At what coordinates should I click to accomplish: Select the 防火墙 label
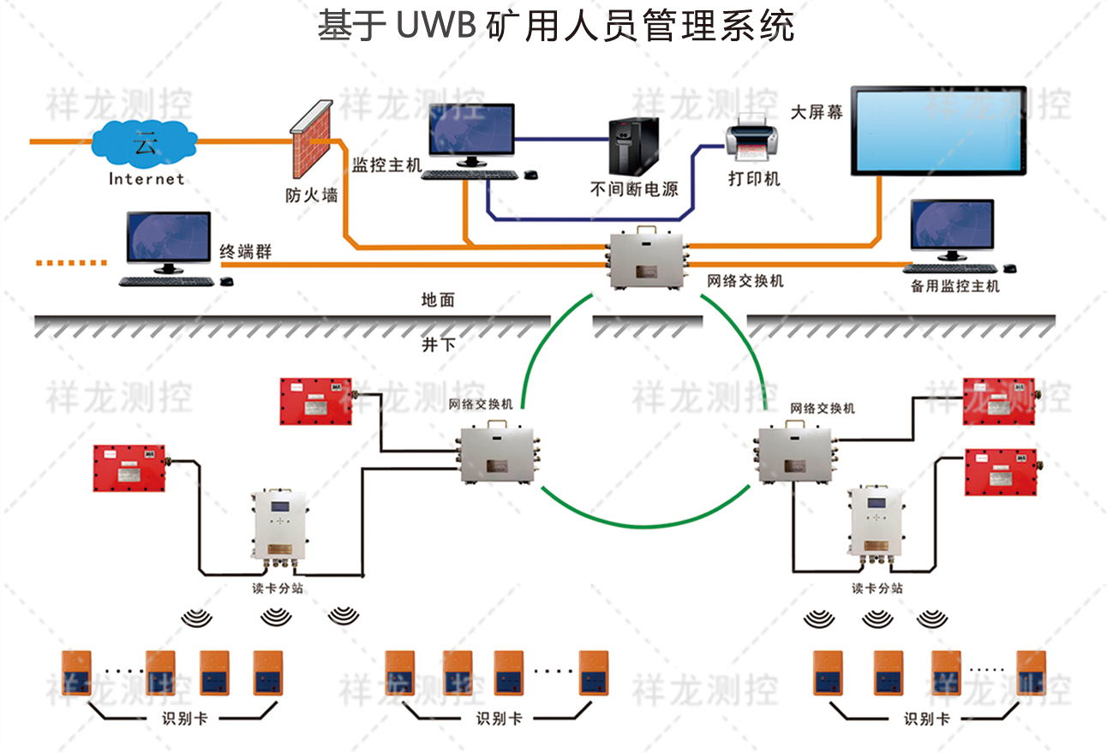point(311,195)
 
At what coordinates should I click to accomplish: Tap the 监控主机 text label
point(387,164)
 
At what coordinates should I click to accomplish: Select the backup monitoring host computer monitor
point(952,226)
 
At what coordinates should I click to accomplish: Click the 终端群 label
point(246,252)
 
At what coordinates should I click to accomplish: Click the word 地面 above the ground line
point(438,300)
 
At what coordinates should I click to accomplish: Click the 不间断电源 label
point(634,189)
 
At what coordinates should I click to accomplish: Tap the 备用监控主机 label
point(954,286)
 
